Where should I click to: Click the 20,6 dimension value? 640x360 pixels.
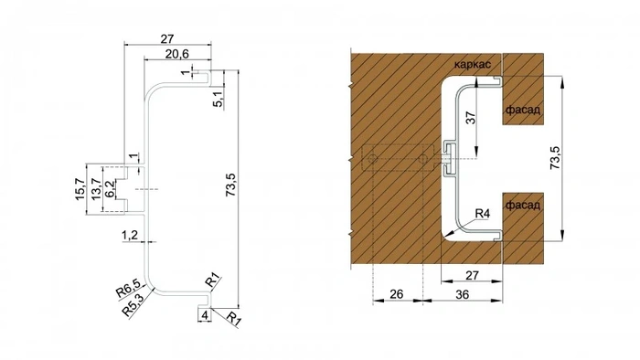[166, 55]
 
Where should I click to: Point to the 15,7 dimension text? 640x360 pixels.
[80, 190]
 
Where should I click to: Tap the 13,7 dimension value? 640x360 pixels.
[96, 190]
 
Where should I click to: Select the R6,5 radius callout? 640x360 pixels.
[127, 291]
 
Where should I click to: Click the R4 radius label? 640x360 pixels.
[483, 214]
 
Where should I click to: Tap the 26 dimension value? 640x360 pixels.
[398, 294]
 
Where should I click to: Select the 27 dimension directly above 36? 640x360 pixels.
[472, 274]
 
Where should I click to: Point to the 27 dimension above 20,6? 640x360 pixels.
[166, 38]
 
